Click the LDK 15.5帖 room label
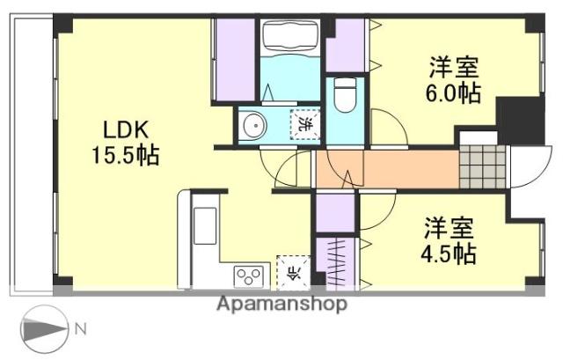click(x=125, y=143)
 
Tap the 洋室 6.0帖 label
click(x=453, y=80)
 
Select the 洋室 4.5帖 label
click(x=449, y=240)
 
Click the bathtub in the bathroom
click(x=290, y=37)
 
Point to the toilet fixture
click(x=345, y=94)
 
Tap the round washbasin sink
click(x=255, y=126)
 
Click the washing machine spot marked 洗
click(x=305, y=124)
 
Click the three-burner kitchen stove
click(x=248, y=276)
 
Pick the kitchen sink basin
click(x=205, y=226)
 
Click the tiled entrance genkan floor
click(x=483, y=166)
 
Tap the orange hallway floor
click(x=387, y=169)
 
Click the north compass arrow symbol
click(x=44, y=328)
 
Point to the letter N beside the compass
click(x=81, y=329)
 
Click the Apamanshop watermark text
click(x=281, y=304)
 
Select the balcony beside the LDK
click(x=32, y=155)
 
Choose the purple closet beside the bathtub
click(x=236, y=60)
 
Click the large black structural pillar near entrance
click(x=521, y=121)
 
